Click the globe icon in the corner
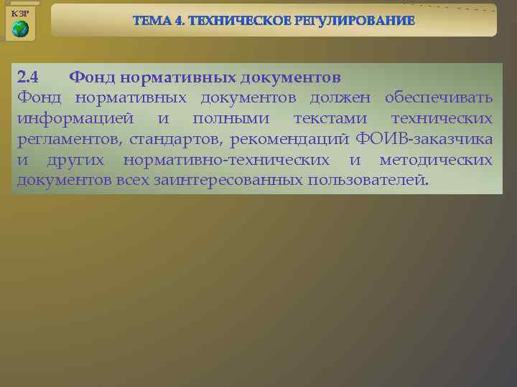click(20, 29)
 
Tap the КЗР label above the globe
click(20, 14)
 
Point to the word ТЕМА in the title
click(152, 21)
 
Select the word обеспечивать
click(438, 97)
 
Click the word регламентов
click(67, 138)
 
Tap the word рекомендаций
click(287, 138)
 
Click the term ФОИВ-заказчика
click(424, 138)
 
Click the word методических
click(436, 159)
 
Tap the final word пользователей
click(368, 179)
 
